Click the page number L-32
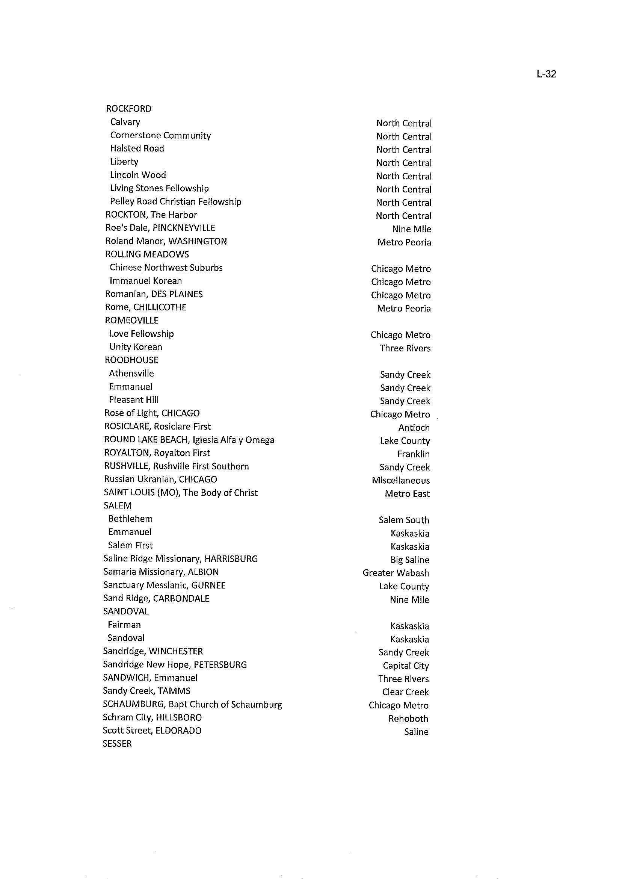click(x=546, y=74)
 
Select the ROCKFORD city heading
click(x=129, y=109)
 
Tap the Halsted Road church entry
click(x=137, y=149)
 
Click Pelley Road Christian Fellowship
click(x=175, y=201)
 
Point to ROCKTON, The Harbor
click(x=151, y=215)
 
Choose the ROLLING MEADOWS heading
click(x=147, y=254)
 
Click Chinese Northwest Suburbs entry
click(x=166, y=268)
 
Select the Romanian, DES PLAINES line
click(x=154, y=294)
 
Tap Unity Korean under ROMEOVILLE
click(x=136, y=347)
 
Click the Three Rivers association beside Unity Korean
click(x=405, y=348)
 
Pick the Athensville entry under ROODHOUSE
click(x=131, y=374)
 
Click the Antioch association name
click(x=414, y=428)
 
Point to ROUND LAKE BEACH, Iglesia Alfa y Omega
click(x=189, y=440)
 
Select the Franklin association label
click(x=413, y=454)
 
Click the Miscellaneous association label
click(x=401, y=481)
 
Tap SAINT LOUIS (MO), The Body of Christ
click(x=181, y=493)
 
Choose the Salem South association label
click(x=404, y=520)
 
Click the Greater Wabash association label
click(x=396, y=573)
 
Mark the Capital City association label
click(x=406, y=666)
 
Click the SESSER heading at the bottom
click(x=117, y=744)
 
